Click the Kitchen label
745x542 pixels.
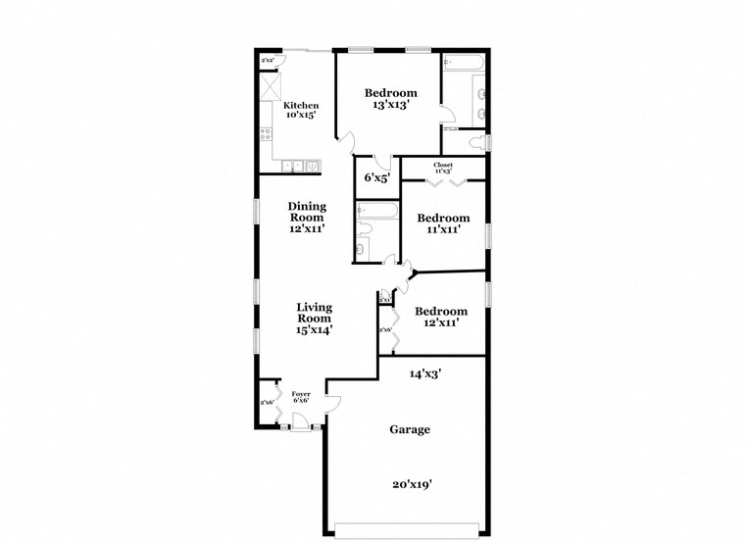click(x=301, y=106)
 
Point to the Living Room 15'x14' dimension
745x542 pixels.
click(x=315, y=330)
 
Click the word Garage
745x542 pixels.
click(x=410, y=429)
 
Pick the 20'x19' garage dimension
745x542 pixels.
click(x=411, y=483)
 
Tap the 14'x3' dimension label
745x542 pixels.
click(x=424, y=372)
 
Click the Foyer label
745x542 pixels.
click(x=301, y=394)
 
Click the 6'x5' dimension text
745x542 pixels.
click(x=377, y=178)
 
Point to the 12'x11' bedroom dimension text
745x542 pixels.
click(x=440, y=321)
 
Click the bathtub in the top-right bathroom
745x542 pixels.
click(x=464, y=64)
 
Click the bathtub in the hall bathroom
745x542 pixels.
click(x=377, y=211)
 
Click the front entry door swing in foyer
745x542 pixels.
click(x=300, y=420)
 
